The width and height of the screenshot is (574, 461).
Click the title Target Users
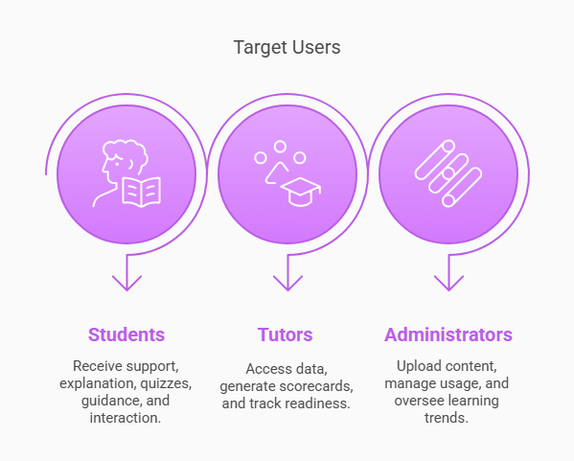coord(287,48)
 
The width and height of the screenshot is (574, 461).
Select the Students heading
coord(126,334)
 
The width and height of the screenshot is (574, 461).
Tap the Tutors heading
coord(285,334)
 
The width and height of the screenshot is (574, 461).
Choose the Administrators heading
coord(448,334)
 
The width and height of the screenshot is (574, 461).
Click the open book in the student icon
coord(141,192)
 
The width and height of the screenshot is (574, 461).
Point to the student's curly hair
coord(126,152)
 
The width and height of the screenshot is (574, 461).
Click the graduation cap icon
coord(301,192)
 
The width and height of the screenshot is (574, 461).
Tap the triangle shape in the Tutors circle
coord(276,173)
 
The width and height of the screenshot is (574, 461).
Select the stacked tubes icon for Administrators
coord(448,173)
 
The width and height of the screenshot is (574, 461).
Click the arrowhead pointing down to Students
coord(126,283)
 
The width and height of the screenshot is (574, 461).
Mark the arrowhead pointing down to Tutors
coord(287,283)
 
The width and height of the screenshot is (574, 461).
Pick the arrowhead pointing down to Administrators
coord(448,283)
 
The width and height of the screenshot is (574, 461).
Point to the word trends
coord(447,418)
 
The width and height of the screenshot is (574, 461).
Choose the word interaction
coord(126,418)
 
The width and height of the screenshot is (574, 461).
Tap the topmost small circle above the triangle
coord(280,147)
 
